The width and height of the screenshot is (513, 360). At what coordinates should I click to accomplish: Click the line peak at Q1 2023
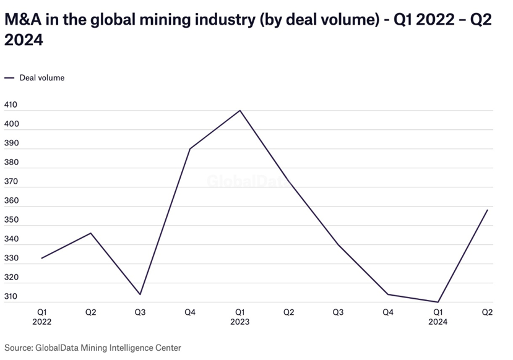(x=239, y=111)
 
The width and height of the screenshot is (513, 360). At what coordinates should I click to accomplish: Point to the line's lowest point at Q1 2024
(x=438, y=302)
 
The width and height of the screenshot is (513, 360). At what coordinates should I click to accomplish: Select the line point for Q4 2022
(x=190, y=149)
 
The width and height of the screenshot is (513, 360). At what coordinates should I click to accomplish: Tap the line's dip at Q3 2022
(x=140, y=294)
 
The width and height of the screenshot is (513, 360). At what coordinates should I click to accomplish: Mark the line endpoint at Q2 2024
(x=488, y=210)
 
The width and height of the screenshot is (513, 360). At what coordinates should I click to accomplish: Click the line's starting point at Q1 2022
(x=41, y=258)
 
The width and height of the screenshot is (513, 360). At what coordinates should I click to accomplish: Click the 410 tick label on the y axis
(x=11, y=105)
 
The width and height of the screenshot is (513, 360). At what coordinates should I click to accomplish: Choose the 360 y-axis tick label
(x=11, y=201)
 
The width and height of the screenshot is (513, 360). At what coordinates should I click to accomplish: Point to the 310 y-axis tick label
(x=11, y=297)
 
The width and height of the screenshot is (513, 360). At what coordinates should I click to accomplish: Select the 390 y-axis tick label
(x=11, y=144)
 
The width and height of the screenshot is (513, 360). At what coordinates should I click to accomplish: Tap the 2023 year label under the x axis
(x=239, y=322)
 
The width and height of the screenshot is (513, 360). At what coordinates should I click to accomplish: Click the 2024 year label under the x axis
(x=438, y=322)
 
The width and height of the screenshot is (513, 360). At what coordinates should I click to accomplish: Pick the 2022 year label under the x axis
(x=41, y=322)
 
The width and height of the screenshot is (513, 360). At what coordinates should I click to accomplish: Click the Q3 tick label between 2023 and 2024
(x=338, y=312)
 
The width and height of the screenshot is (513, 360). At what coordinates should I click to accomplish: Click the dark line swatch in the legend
(x=9, y=78)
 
